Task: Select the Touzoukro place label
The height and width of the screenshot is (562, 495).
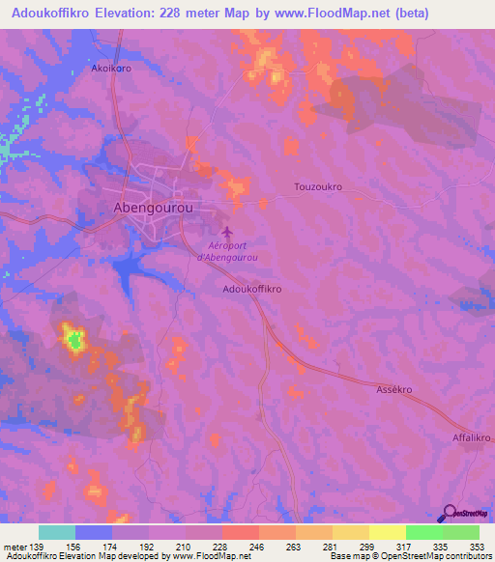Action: click(318, 186)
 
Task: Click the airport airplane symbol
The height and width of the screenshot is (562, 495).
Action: click(227, 233)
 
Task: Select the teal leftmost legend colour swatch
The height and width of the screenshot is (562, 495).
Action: click(57, 532)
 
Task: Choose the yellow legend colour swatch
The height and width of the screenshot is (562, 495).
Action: click(388, 532)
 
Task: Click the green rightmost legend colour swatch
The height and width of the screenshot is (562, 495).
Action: click(461, 532)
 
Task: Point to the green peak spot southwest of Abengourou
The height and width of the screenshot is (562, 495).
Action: click(73, 339)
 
